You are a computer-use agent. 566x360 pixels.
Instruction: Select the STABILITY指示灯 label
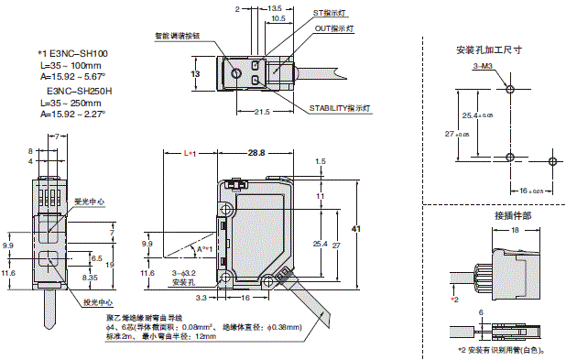(339, 107)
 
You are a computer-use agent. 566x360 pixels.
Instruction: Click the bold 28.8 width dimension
(256, 153)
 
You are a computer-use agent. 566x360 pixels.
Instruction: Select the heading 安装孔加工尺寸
(484, 51)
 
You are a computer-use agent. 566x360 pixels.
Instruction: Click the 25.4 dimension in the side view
(318, 244)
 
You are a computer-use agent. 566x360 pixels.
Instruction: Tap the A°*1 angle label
(204, 248)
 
